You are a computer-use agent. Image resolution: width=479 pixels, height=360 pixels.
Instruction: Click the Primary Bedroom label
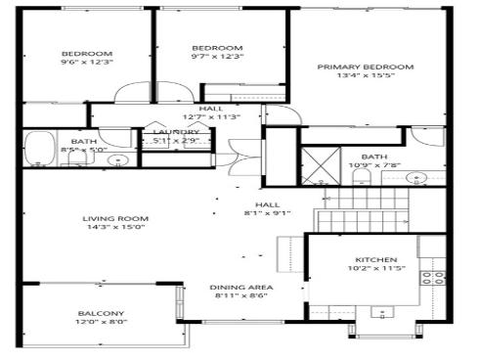365,67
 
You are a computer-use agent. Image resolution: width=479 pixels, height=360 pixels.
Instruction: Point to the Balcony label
102,314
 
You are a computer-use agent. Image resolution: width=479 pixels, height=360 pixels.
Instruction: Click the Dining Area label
243,287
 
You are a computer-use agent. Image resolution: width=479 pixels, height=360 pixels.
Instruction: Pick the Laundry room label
177,132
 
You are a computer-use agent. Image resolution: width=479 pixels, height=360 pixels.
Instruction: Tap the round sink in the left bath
119,159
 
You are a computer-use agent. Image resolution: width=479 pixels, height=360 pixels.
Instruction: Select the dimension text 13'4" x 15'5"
365,76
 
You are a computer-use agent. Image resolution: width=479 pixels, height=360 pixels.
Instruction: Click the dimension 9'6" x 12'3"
87,63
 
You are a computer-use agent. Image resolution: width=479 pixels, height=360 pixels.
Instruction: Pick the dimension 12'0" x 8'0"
102,324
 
